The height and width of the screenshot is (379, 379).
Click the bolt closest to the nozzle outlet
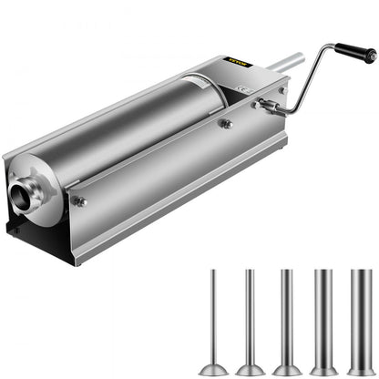pyautogui.click(x=80, y=202)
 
